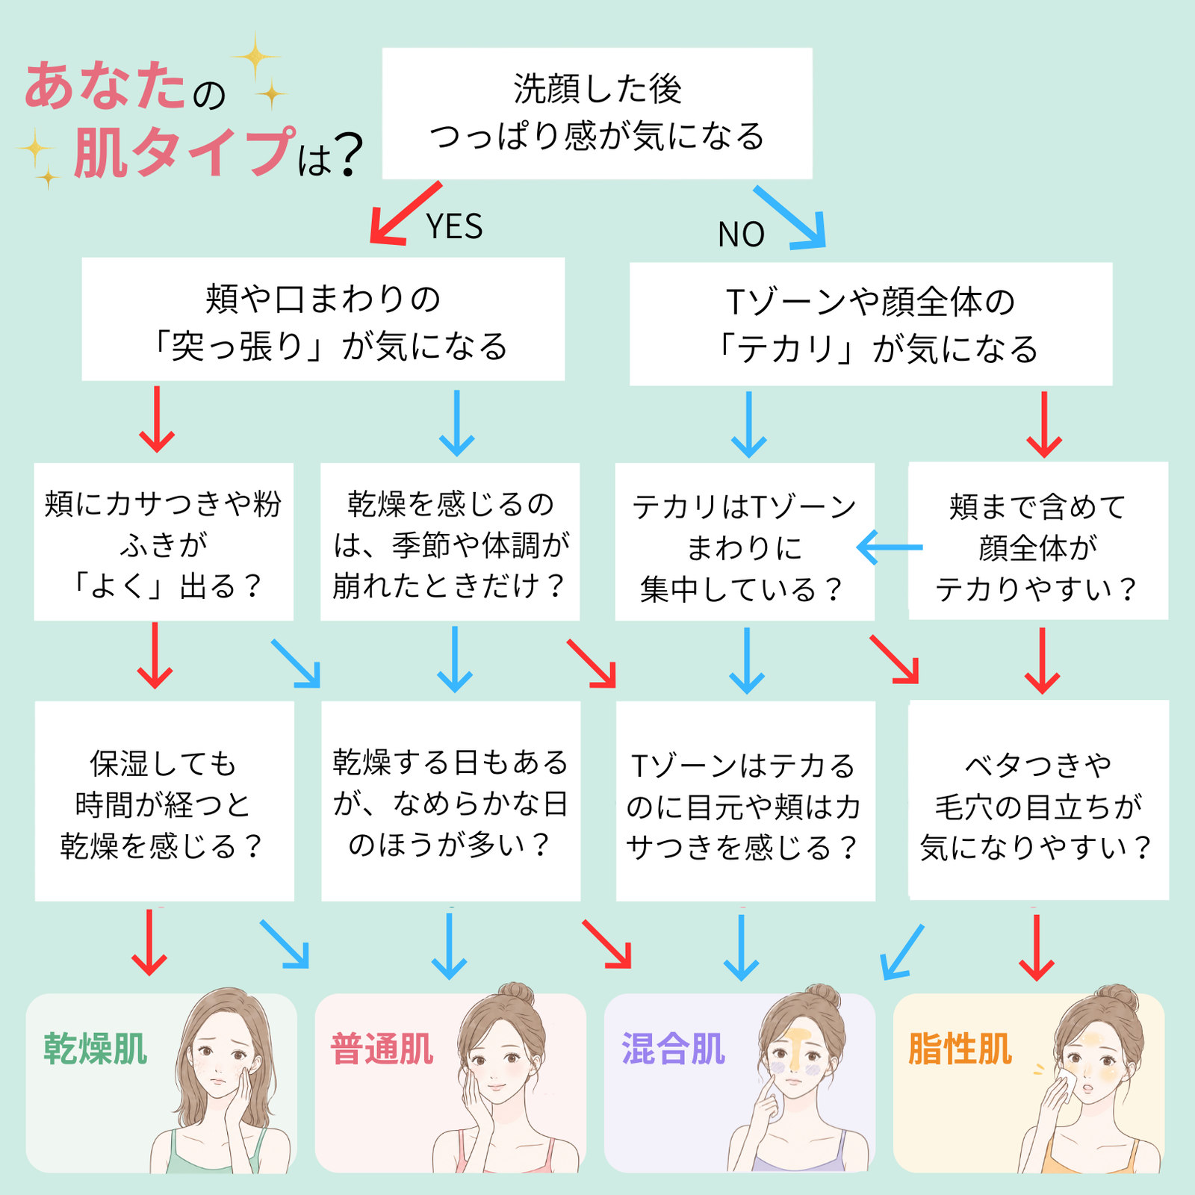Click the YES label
pos(454,226)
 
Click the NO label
pos(741,235)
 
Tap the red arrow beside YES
pos(405,213)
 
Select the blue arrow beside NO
pos(790,217)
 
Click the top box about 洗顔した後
pos(597,114)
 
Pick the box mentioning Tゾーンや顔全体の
pos(871,323)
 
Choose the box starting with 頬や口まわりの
pos(323,319)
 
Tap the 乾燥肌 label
pos(96,1049)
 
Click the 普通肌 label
pos(382,1049)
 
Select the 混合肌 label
pos(673,1049)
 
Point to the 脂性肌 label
pos(960,1049)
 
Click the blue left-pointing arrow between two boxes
pos(890,547)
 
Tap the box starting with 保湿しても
pos(164,801)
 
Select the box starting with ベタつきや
pos(1039,800)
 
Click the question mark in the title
pos(346,155)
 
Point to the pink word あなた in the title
pos(105,86)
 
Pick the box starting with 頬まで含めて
pos(1038,541)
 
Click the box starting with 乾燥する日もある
pos(450,801)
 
